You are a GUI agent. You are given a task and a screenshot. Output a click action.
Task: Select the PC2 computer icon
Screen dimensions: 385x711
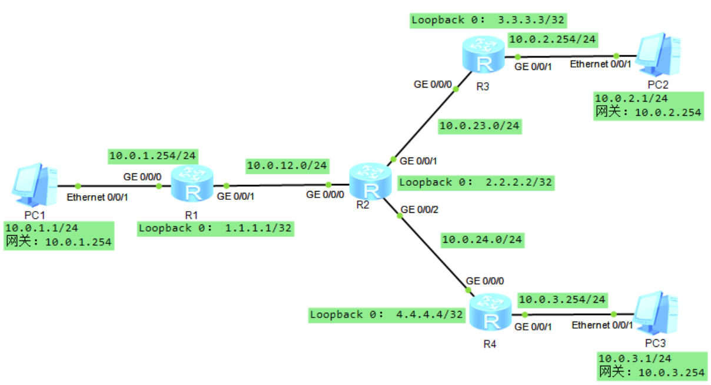pos(660,53)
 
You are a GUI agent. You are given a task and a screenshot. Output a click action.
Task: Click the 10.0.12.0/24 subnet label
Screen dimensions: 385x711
pos(287,166)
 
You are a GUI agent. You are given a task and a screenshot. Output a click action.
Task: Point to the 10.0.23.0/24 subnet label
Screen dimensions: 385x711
pos(480,125)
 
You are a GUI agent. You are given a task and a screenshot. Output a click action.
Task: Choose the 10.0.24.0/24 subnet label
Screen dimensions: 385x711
pos(482,239)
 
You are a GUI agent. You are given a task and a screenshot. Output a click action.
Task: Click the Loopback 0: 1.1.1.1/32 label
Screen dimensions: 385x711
pos(215,228)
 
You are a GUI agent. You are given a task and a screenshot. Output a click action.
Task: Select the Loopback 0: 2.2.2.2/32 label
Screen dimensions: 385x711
pos(476,182)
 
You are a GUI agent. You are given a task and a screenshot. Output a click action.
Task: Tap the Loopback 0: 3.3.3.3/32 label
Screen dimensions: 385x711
pos(488,20)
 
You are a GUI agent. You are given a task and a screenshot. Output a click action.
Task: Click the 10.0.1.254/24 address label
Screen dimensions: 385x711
pos(153,156)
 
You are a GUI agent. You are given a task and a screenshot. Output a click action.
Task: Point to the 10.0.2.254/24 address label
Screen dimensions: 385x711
pos(553,39)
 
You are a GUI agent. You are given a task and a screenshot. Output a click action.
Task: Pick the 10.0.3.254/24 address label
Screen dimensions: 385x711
pos(562,300)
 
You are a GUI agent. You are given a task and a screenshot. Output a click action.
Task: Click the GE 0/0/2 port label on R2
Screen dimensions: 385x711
pos(419,209)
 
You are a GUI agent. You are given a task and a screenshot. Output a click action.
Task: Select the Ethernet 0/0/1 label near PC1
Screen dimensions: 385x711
pos(97,197)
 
